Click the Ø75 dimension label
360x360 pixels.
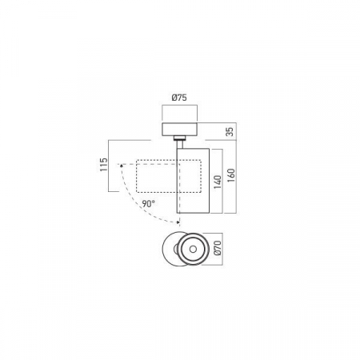pyautogui.click(x=179, y=98)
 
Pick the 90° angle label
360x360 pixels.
pyautogui.click(x=146, y=204)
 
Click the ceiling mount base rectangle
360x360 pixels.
pyautogui.click(x=180, y=130)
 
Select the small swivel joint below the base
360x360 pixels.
pyautogui.click(x=181, y=143)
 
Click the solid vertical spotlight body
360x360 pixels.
pyautogui.click(x=193, y=181)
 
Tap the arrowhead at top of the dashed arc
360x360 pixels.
pyautogui.click(x=121, y=165)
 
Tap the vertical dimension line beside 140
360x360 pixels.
pyautogui.click(x=223, y=182)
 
